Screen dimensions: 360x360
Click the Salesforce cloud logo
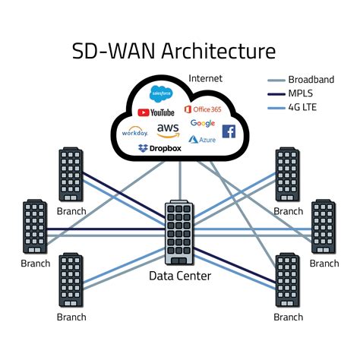point(162,94)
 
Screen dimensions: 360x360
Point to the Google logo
point(203,123)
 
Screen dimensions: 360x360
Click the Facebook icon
point(229,131)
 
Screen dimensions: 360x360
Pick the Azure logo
point(203,140)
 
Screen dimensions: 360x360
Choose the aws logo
point(169,130)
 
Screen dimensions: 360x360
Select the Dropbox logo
point(160,148)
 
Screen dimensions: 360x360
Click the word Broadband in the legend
point(312,80)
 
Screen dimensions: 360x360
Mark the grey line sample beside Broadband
point(276,80)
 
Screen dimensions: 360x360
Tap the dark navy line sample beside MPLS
point(276,93)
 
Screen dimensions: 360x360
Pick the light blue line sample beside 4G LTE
point(276,107)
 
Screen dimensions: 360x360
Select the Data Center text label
point(180,276)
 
